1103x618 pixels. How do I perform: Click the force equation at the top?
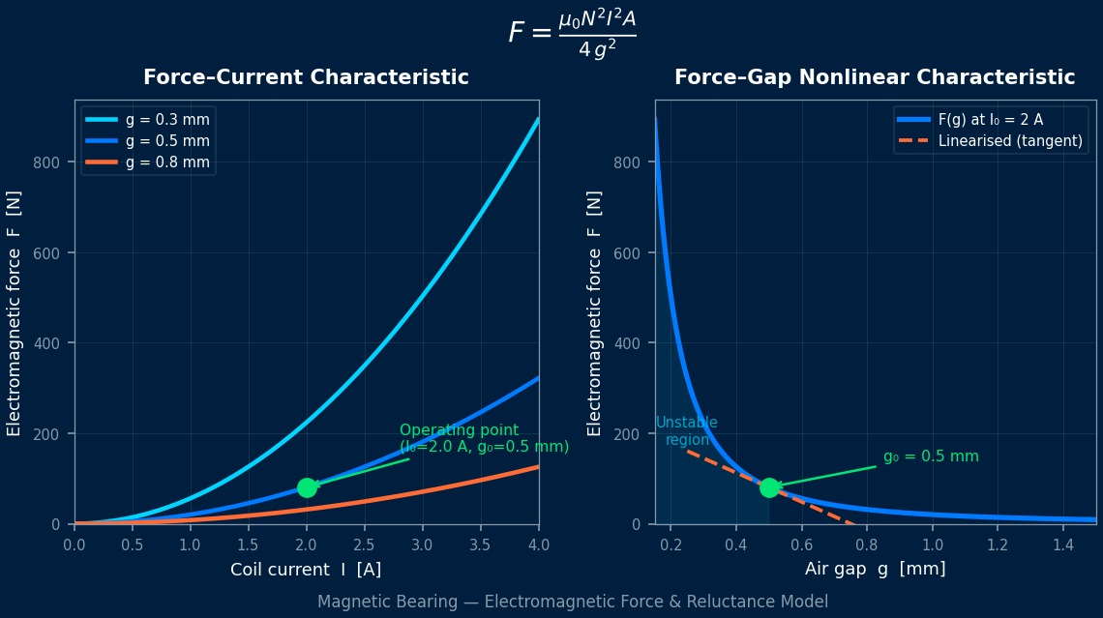572,34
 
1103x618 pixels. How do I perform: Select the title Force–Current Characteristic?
306,77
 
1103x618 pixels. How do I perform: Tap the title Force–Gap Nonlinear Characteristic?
874,77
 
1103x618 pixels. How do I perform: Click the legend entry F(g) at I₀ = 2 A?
996,120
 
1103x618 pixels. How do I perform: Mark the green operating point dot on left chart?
307,487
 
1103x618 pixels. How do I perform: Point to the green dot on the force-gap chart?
769,487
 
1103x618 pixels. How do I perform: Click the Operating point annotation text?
484,438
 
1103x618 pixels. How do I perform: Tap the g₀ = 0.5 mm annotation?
931,456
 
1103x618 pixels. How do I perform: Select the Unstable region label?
687,431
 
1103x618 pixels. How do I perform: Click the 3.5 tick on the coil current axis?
481,544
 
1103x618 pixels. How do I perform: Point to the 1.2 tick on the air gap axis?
998,544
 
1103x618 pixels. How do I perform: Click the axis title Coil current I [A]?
306,570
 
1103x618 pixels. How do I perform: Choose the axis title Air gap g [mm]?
875,570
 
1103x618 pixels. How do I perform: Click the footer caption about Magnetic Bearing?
572,602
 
